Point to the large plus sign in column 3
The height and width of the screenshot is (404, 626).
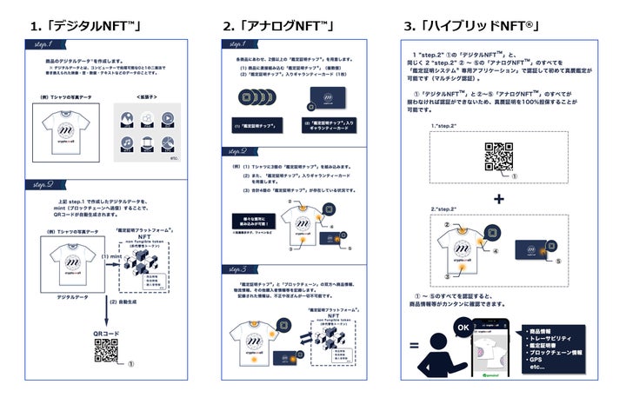(x=499, y=200)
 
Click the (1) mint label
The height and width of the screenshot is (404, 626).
(x=110, y=256)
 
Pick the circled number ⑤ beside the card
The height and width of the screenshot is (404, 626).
(x=559, y=259)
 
